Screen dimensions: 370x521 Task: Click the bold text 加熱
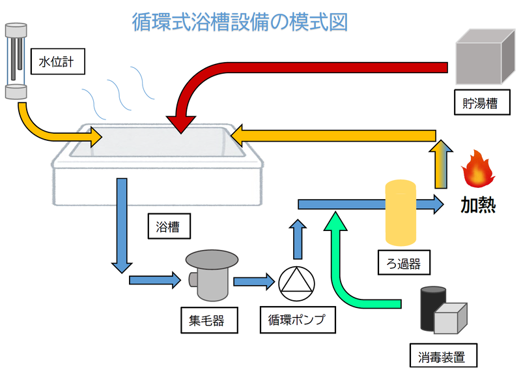click(478, 205)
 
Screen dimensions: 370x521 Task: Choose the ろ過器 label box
click(399, 263)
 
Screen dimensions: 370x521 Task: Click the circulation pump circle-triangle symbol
click(296, 282)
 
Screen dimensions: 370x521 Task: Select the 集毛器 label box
click(208, 320)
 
